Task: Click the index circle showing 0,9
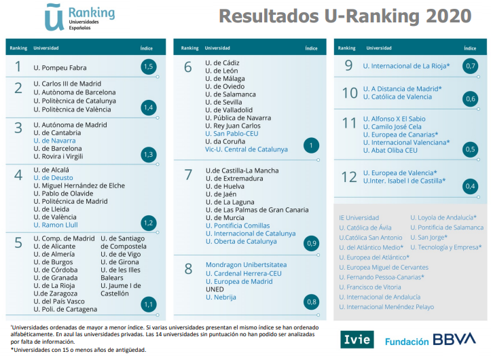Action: pos(312,242)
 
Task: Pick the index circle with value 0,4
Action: pos(470,185)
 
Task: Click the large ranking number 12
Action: pos(349,177)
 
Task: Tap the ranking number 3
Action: pos(18,127)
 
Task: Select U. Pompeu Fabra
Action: pos(60,68)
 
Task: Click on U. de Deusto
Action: pos(52,177)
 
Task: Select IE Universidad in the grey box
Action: pos(359,218)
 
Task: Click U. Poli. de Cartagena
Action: pos(65,310)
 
